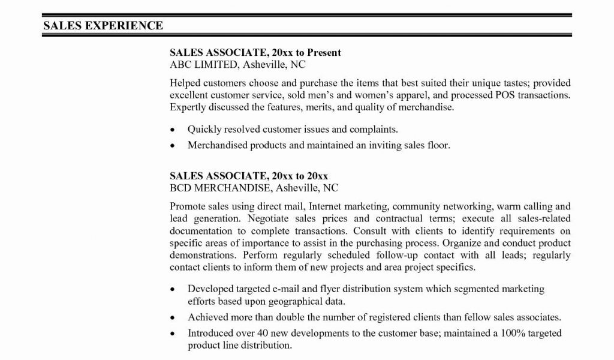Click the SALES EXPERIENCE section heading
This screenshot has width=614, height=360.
coord(103,25)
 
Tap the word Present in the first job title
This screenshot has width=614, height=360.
coord(323,52)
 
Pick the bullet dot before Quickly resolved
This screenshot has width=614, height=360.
coord(173,130)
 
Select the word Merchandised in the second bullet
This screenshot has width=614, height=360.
coord(217,145)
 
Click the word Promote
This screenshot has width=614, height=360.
coord(188,206)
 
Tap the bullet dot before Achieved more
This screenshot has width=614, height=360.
coord(173,317)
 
